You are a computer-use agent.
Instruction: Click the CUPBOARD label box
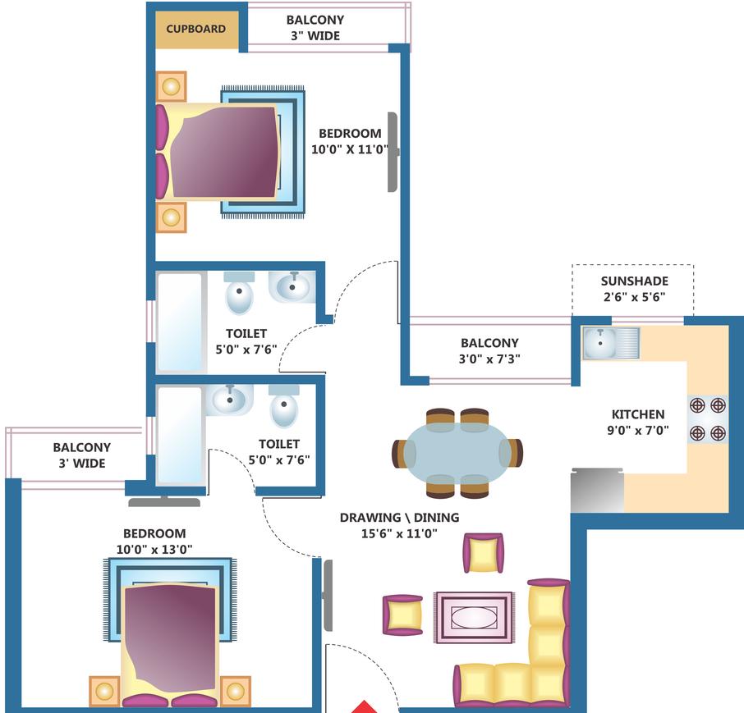point(196,29)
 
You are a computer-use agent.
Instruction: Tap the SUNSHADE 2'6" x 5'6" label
point(634,288)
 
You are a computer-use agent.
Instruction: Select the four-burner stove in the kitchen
point(707,418)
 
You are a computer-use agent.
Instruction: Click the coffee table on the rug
point(475,616)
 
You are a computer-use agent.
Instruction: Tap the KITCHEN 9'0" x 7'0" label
point(638,422)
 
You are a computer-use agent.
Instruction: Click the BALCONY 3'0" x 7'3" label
point(489,350)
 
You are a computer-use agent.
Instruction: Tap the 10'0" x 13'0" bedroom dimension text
point(155,549)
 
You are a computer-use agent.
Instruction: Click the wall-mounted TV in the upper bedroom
point(393,152)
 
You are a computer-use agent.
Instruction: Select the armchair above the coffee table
point(483,552)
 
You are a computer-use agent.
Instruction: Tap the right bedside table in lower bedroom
point(235,691)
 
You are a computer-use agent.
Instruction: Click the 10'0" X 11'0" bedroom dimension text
point(350,149)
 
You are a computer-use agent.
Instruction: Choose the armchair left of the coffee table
point(402,615)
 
